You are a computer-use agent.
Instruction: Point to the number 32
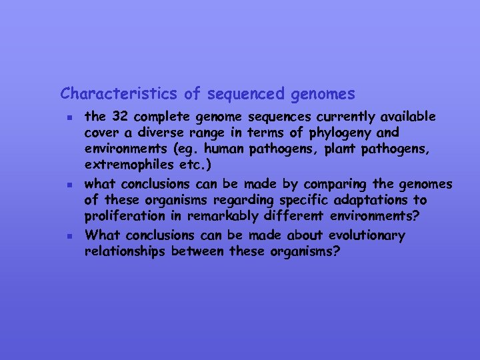[119, 117]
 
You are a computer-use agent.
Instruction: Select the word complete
[160, 118]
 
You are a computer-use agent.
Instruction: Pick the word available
[408, 117]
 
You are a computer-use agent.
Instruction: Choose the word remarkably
[241, 217]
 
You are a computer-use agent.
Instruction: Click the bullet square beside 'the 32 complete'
[69, 118]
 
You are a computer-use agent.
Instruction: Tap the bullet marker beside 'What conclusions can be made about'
[69, 236]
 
